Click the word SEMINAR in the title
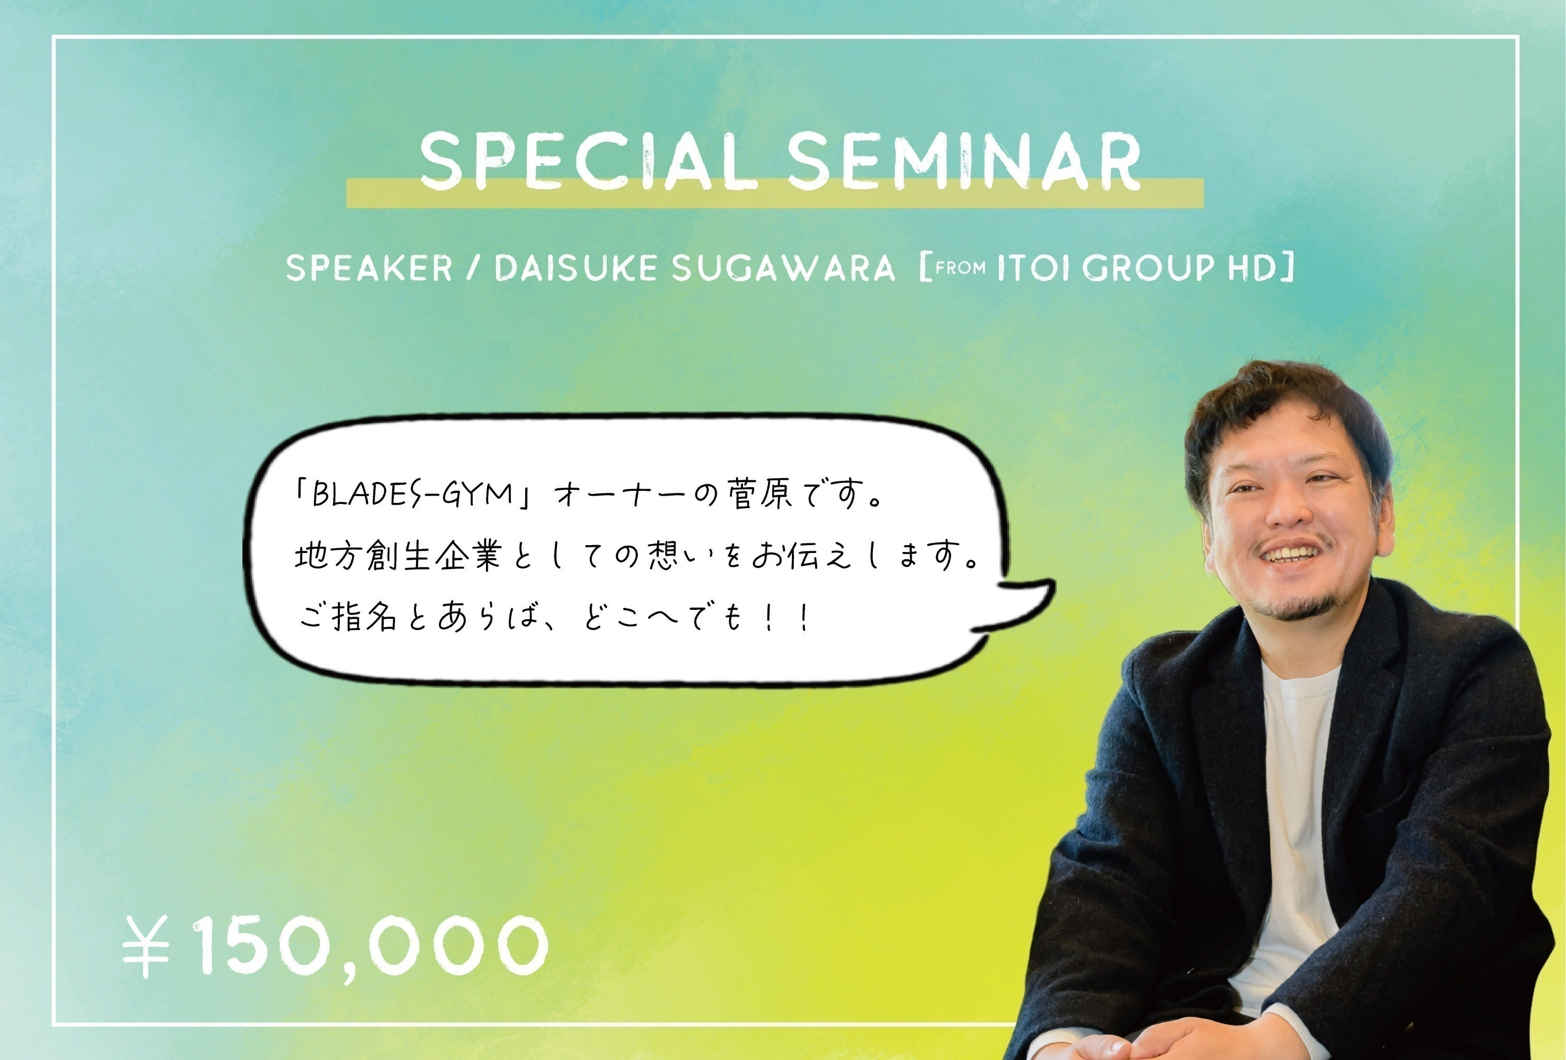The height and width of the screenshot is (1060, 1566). [x=964, y=162]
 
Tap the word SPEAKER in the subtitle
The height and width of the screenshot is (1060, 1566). [x=369, y=268]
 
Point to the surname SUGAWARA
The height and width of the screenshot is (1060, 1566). [x=783, y=268]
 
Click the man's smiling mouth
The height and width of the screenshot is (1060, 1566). [x=1290, y=554]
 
